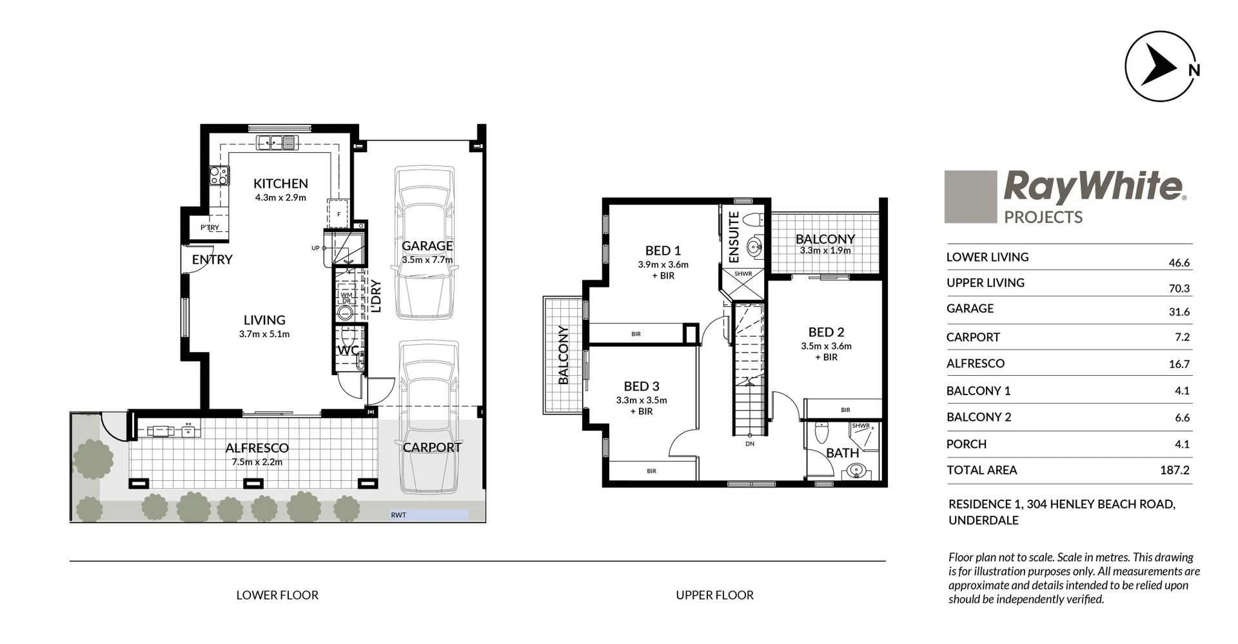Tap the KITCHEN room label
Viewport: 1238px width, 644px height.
(280, 184)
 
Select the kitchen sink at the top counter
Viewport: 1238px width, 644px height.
(277, 142)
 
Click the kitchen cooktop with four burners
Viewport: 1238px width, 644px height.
(219, 175)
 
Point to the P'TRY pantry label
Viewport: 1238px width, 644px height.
(210, 228)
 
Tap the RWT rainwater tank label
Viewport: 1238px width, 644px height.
(398, 515)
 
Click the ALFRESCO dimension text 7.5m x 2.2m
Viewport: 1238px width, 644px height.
(257, 462)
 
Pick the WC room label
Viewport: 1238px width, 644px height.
(348, 351)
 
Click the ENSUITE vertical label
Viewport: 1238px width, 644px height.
(734, 237)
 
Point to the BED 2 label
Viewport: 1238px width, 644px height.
(826, 332)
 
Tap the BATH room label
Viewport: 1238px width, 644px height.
(842, 453)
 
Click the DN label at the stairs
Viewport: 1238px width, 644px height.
(750, 444)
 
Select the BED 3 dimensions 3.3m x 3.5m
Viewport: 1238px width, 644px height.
(641, 400)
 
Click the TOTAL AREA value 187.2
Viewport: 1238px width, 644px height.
(1174, 471)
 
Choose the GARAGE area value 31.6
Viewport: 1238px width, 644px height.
(1179, 312)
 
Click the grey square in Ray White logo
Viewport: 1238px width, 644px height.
(970, 197)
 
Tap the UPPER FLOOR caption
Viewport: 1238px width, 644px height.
(714, 595)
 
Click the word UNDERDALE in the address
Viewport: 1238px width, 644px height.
(983, 520)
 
